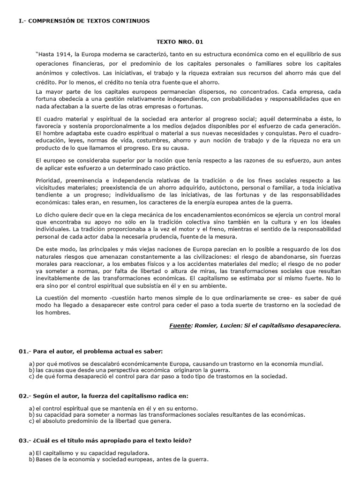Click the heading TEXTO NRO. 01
coord(180,42)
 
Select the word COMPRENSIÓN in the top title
coord(49,21)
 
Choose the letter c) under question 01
coord(32,376)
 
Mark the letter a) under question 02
coord(32,408)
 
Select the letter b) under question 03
coord(32,460)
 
